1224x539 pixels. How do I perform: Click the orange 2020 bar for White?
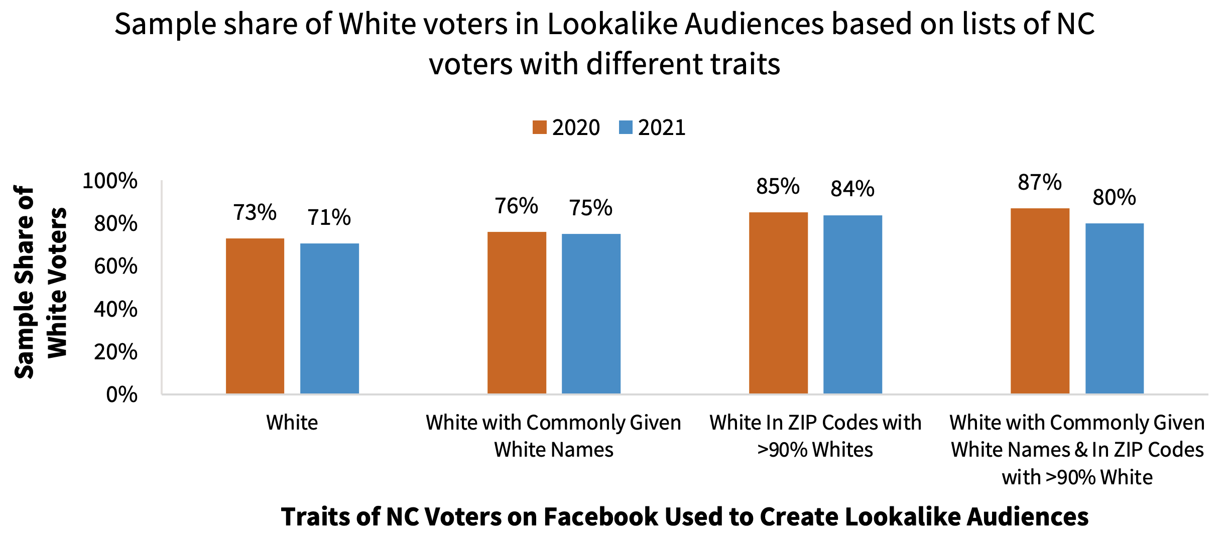(255, 316)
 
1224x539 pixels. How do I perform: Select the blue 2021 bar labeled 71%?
(329, 319)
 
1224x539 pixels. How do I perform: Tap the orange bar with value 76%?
(517, 313)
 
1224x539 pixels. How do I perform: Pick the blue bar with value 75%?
(591, 314)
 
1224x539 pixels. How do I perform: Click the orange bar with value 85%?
(778, 303)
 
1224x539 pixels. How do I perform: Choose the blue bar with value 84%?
(852, 305)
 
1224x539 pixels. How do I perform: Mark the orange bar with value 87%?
(1040, 301)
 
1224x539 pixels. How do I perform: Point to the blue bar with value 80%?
(1115, 309)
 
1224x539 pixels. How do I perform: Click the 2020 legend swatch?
(539, 127)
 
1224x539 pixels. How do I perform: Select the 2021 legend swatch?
(626, 127)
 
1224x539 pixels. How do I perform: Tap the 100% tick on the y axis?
(109, 181)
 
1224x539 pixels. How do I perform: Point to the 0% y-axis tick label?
(121, 395)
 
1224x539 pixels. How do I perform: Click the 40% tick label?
(115, 309)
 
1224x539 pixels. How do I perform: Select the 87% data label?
(1040, 182)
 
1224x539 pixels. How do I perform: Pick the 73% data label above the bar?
(255, 212)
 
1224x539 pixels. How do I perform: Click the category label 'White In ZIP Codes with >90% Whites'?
(815, 436)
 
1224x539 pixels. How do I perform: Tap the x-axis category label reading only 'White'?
(292, 423)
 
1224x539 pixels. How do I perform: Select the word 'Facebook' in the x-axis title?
(582, 516)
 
